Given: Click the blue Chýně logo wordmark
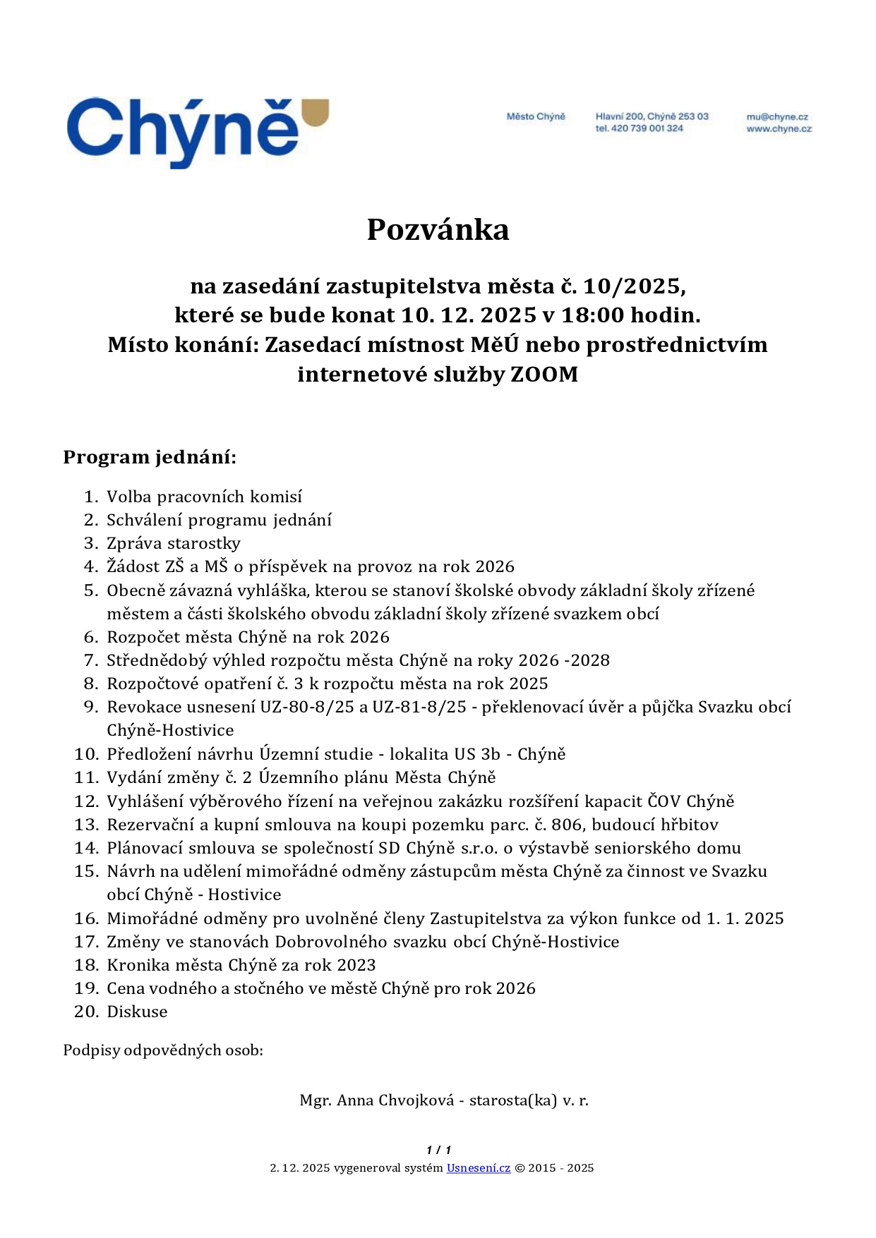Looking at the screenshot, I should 182,131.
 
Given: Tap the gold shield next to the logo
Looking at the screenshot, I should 315,112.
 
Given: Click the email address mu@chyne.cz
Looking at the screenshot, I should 777,117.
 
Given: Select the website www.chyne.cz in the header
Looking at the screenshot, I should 779,128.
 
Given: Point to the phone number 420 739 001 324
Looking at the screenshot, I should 647,128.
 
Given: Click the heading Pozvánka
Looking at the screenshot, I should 438,230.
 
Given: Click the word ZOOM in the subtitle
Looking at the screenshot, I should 544,374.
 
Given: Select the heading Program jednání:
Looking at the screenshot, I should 150,457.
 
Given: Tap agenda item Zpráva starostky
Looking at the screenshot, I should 174,543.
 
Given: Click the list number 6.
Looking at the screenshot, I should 90,637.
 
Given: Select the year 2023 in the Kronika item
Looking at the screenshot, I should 356,965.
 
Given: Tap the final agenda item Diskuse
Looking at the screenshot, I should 137,1012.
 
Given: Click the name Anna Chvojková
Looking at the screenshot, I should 395,1100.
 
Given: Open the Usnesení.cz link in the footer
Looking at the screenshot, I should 478,1168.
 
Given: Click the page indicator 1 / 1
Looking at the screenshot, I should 438,1150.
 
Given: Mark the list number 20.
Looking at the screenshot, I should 86,1012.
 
